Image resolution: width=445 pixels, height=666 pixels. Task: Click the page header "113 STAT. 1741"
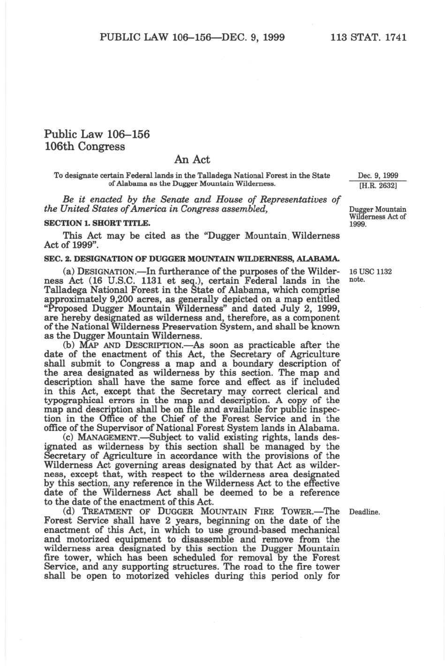pyautogui.click(x=369, y=37)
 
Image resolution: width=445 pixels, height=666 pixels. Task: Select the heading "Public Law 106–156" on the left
pyautogui.click(x=97, y=134)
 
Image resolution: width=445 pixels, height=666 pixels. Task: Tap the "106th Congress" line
pyautogui.click(x=84, y=146)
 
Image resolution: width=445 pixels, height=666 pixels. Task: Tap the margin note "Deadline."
pyautogui.click(x=364, y=512)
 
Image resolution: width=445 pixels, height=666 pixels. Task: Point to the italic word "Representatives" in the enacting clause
pyautogui.click(x=292, y=199)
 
